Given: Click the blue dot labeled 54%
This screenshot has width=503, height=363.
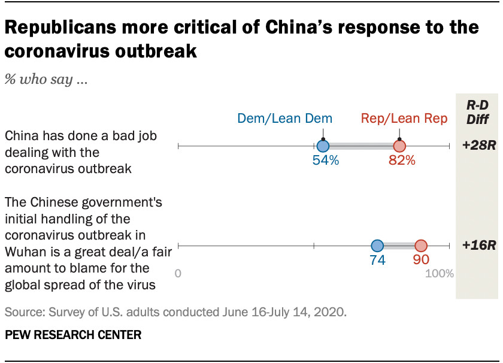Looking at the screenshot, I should (323, 146).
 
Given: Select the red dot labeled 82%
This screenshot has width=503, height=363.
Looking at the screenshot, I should (399, 146).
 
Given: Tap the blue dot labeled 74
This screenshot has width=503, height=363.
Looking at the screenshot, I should (377, 246).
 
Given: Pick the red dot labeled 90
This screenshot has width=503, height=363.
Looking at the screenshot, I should (421, 246).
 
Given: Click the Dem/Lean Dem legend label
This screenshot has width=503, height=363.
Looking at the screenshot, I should (284, 119).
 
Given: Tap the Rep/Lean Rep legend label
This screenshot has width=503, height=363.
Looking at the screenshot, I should (404, 119).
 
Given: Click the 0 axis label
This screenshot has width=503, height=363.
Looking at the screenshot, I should (178, 274).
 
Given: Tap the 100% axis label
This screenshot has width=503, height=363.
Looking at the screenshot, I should (440, 274).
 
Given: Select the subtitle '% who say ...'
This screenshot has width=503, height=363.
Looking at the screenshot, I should (47, 80).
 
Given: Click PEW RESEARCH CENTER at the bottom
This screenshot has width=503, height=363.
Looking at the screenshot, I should (73, 335).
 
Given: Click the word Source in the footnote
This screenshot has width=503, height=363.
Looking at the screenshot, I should (22, 312).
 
